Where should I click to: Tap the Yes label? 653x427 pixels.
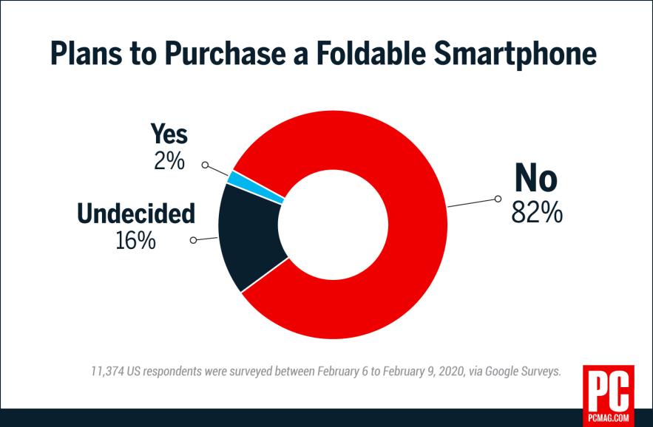(x=169, y=134)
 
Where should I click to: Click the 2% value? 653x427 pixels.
(x=169, y=160)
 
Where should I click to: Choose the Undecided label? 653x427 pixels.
(x=136, y=213)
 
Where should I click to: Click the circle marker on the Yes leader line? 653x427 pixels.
(x=206, y=165)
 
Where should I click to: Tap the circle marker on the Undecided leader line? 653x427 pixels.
(x=194, y=240)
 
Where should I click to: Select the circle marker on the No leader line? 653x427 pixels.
(x=498, y=198)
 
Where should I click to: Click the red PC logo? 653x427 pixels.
(x=608, y=390)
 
